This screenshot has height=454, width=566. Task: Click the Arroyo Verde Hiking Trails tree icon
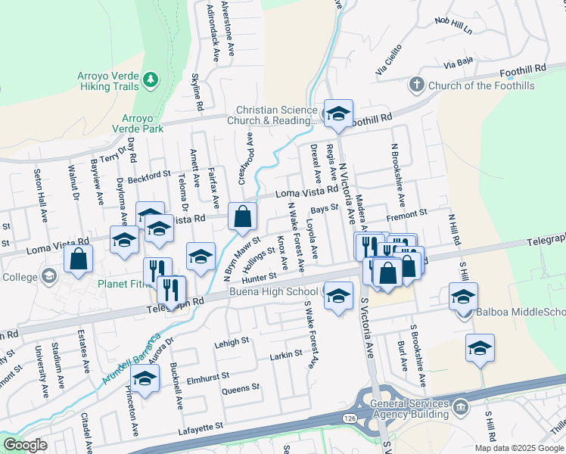[151, 79]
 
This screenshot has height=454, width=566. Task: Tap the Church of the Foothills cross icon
[415, 86]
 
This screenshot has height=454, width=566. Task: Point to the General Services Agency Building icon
[460, 410]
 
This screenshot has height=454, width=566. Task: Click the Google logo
[25, 445]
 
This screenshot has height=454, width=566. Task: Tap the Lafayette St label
[201, 428]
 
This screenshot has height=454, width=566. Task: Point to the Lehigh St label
[232, 342]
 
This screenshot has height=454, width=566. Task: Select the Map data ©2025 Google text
[518, 447]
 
